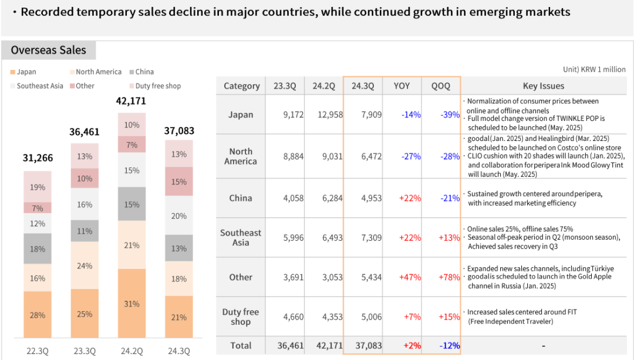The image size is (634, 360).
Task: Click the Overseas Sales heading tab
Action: [x=49, y=51]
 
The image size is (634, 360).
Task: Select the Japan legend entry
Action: [x=26, y=72]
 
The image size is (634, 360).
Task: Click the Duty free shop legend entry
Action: [x=158, y=86]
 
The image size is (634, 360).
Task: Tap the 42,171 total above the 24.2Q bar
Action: [x=131, y=101]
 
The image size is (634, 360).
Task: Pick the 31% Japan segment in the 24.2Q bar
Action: [x=131, y=304]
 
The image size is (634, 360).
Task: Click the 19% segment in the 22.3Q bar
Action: [x=38, y=187]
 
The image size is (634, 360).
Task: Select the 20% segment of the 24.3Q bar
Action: [x=179, y=216]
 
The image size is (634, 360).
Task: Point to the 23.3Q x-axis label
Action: [x=85, y=351]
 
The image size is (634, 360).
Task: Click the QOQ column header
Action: [x=441, y=86]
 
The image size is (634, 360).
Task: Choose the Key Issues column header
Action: [x=543, y=86]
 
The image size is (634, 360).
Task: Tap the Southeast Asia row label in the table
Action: [x=241, y=237]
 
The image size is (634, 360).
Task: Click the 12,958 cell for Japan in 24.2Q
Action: [x=328, y=115]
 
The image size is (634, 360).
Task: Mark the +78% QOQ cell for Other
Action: [x=449, y=277]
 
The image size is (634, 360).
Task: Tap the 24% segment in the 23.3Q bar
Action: [x=85, y=265]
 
